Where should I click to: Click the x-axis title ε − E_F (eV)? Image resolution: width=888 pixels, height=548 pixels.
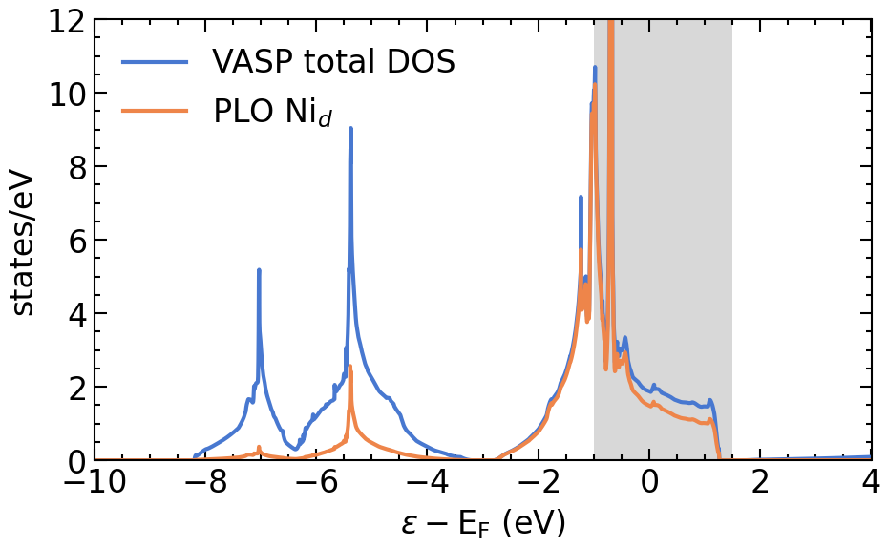[482, 523]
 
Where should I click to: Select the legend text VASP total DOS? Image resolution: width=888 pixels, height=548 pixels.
[334, 62]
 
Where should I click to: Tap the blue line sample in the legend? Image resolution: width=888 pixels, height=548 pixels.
[156, 63]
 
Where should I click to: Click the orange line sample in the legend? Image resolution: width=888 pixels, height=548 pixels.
[156, 111]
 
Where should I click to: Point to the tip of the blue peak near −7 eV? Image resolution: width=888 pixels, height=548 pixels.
[259, 271]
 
